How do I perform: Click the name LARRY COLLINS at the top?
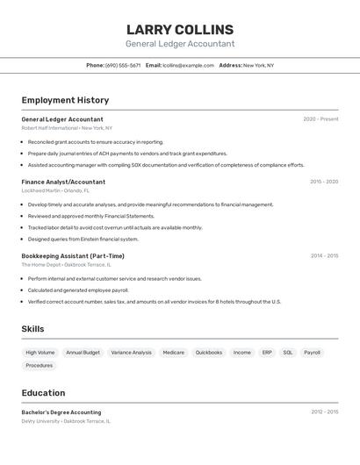click(x=180, y=30)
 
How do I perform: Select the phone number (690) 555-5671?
click(x=123, y=65)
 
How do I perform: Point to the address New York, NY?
click(x=258, y=65)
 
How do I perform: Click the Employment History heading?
click(x=65, y=100)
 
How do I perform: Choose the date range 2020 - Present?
click(x=320, y=119)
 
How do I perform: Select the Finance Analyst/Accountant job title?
click(x=63, y=182)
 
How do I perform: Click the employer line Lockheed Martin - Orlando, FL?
click(x=55, y=190)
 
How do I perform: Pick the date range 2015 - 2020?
click(x=324, y=182)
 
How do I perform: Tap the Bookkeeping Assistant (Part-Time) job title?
click(x=73, y=256)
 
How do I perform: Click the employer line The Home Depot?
click(x=66, y=265)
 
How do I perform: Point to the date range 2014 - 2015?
click(x=324, y=256)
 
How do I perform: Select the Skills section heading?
click(x=33, y=329)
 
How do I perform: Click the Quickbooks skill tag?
click(x=209, y=353)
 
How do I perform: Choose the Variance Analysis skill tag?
click(x=132, y=353)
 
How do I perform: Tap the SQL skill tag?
click(x=288, y=353)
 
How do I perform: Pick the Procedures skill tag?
click(x=40, y=366)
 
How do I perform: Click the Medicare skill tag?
click(x=174, y=353)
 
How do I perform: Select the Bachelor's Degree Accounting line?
click(x=61, y=412)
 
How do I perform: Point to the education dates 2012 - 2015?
click(x=324, y=411)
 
